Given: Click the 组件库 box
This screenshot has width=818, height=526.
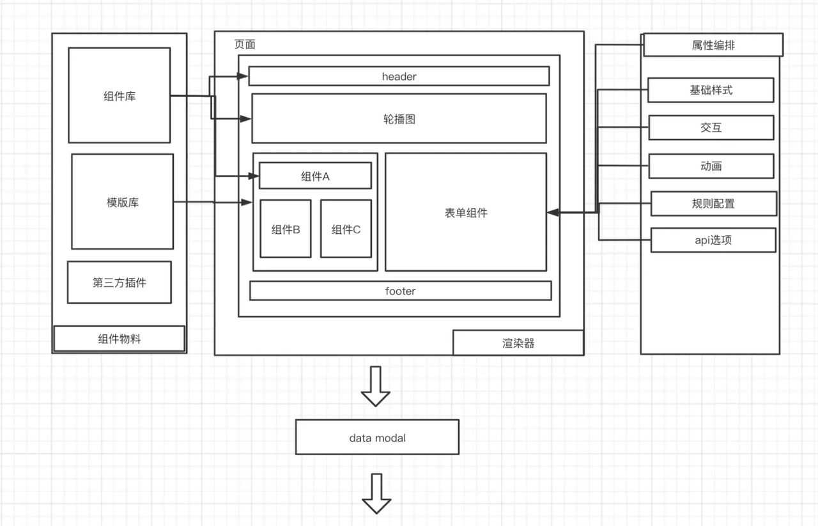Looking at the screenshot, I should click(120, 95).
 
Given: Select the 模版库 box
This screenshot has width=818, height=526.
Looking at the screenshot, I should click(122, 202).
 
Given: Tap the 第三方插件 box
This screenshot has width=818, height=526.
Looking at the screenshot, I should click(120, 282).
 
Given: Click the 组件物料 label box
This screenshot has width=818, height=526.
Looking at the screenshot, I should click(120, 339).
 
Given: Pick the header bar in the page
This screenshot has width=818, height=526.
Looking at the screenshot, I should click(399, 76).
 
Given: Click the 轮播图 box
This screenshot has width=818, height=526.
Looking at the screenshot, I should click(399, 118).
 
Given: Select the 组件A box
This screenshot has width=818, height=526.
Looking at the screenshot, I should click(315, 176).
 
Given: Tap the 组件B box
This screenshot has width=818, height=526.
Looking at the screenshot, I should click(286, 229).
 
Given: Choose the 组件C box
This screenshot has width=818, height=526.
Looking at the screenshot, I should click(346, 229).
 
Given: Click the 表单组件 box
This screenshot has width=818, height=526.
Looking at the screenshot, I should click(466, 212).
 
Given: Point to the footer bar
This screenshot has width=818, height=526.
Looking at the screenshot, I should click(400, 291).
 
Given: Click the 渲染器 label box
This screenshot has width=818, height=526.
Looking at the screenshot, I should click(518, 343).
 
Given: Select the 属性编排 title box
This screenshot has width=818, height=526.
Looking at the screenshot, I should click(713, 45).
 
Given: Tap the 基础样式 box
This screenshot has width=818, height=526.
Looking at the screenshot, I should click(711, 90).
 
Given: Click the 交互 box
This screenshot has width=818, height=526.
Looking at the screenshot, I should click(711, 128).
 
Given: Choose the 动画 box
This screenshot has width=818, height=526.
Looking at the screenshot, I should click(711, 166).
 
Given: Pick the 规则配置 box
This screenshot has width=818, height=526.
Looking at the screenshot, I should click(713, 203).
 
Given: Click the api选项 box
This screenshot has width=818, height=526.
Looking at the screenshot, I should click(713, 240).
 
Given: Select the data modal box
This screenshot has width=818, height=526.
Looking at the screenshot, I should click(377, 437).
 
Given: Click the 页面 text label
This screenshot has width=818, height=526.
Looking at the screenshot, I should click(245, 45).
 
